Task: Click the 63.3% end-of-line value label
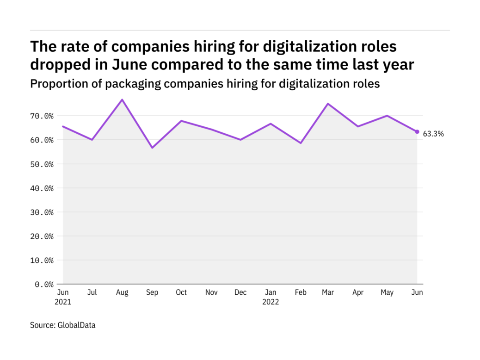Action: tap(433, 134)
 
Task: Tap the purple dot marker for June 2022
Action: tap(417, 132)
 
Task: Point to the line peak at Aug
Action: tap(122, 99)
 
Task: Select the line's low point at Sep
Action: tap(152, 148)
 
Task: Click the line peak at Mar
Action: tap(328, 104)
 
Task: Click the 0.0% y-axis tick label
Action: tap(45, 284)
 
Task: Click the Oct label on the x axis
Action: tap(181, 292)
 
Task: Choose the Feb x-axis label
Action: tap(301, 292)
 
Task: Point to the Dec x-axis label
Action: tap(240, 292)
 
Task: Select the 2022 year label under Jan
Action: tap(271, 302)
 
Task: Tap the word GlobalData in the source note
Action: tap(76, 325)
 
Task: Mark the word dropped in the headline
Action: tap(59, 65)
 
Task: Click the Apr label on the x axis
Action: tap(358, 292)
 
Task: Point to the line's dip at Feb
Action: tap(301, 143)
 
